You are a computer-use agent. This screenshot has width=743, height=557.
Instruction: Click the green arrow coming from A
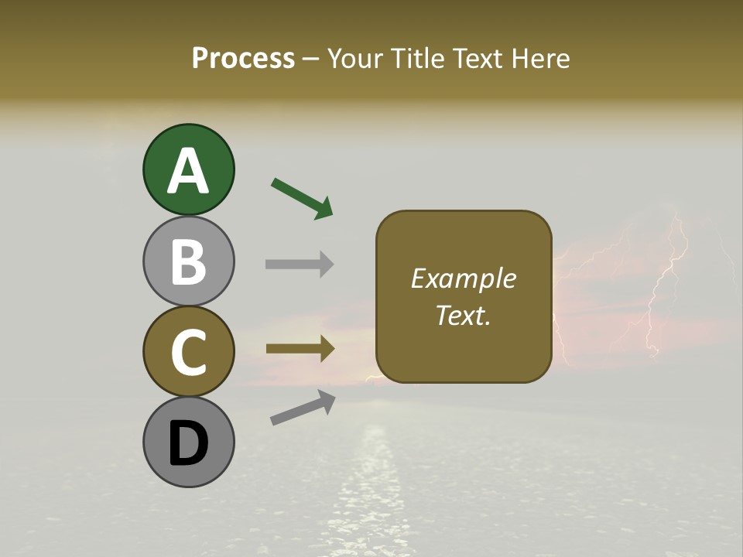(x=302, y=197)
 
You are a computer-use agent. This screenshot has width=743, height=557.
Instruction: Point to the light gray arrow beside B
(x=300, y=264)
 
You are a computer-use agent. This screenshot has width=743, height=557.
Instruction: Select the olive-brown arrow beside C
(x=300, y=348)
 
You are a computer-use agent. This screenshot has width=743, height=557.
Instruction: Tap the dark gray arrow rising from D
(x=303, y=408)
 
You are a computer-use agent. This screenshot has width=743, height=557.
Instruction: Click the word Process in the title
(x=243, y=58)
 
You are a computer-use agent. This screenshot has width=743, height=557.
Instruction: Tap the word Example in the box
(x=463, y=278)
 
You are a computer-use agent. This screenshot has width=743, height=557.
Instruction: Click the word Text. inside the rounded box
(x=463, y=315)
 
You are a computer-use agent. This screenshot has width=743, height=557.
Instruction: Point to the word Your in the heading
(x=356, y=58)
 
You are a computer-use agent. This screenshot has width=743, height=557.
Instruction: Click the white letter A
(x=188, y=171)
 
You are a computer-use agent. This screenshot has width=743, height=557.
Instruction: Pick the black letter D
(x=188, y=444)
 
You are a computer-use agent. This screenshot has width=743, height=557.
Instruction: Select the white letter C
(x=188, y=352)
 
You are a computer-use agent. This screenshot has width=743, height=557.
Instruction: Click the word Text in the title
(x=478, y=58)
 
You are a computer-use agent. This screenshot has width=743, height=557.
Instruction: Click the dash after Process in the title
(x=311, y=59)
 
